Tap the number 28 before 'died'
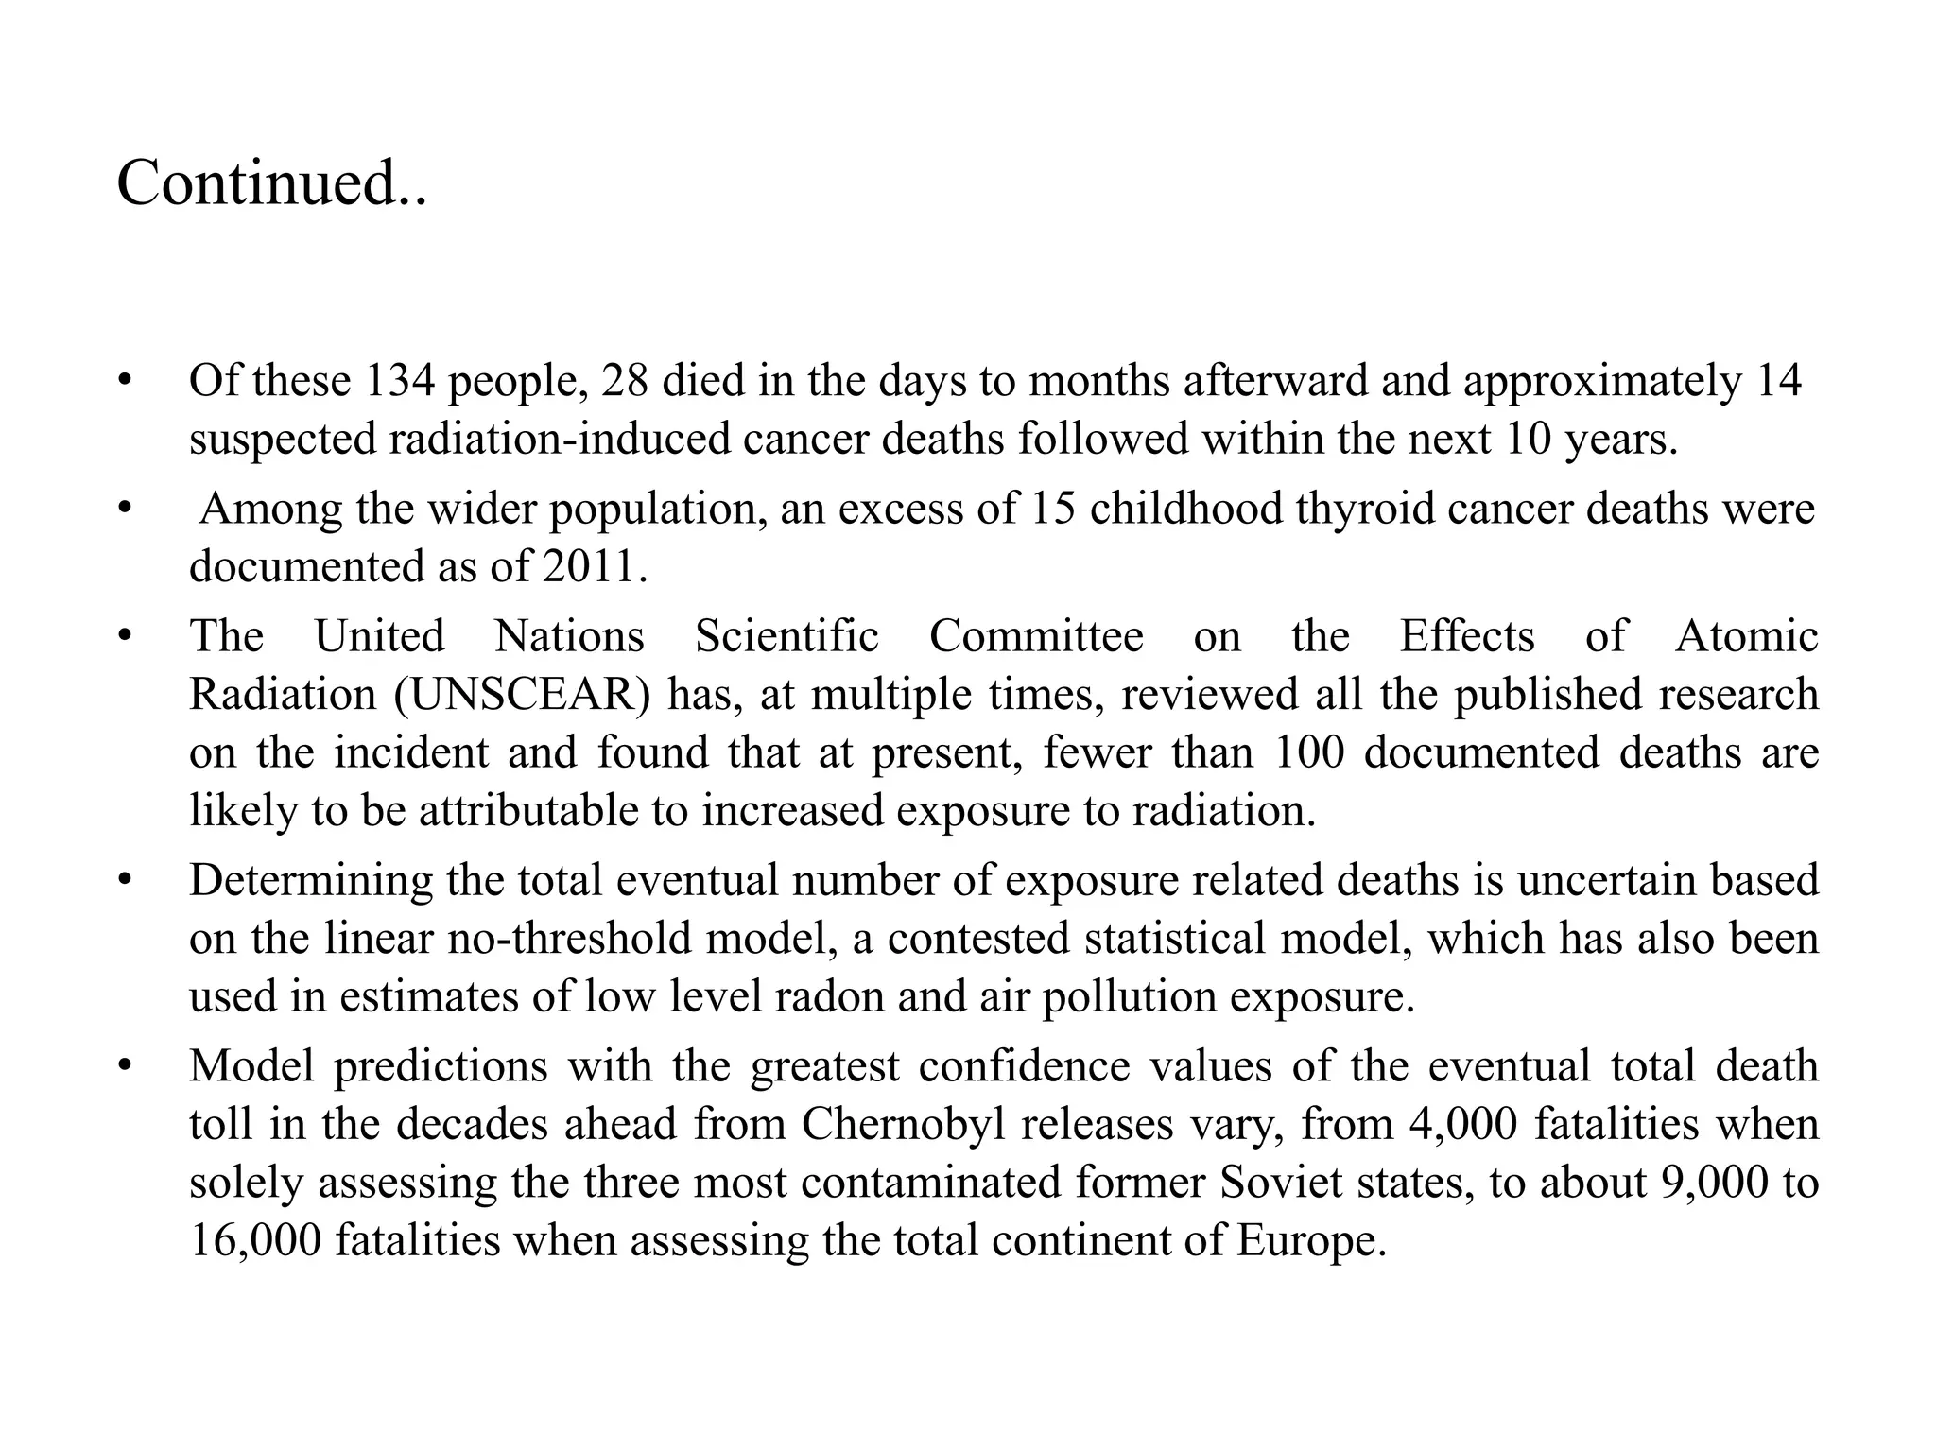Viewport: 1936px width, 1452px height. click(x=624, y=381)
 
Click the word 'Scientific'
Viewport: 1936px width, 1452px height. click(x=786, y=636)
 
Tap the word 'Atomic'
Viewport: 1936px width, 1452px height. click(x=1747, y=636)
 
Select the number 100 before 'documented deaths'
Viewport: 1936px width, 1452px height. click(x=1308, y=753)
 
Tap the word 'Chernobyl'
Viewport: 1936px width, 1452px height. click(x=903, y=1125)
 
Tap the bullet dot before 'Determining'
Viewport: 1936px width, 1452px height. click(x=122, y=881)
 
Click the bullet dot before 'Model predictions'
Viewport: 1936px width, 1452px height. click(x=122, y=1067)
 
